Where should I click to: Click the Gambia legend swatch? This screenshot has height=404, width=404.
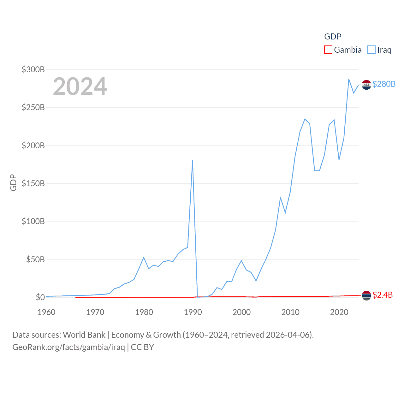[328, 50]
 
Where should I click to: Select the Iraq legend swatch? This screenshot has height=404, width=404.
[371, 50]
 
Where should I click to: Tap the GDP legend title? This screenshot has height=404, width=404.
[333, 37]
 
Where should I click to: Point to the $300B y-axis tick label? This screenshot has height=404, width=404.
[33, 69]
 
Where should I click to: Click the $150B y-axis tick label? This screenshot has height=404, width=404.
[33, 183]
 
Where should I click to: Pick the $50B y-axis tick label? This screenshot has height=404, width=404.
[35, 259]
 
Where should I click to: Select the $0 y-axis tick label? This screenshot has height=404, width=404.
[40, 297]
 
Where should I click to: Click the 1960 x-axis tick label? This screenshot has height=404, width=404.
[46, 312]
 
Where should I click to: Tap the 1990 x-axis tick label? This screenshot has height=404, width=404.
[193, 312]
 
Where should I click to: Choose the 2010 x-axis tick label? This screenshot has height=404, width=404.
[290, 312]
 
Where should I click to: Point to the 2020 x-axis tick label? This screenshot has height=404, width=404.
[339, 312]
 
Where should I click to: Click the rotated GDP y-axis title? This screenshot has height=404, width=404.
[13, 182]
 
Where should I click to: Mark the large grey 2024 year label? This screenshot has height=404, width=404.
[80, 86]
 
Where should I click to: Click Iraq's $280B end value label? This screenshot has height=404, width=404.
[384, 84]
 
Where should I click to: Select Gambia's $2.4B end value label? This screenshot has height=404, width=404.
[383, 295]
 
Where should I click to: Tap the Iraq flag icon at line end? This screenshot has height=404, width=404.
[366, 85]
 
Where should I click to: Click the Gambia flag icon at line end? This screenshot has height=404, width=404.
[366, 295]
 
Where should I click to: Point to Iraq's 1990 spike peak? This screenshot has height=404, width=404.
[193, 161]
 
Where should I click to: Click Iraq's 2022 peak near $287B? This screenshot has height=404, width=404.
[349, 79]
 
